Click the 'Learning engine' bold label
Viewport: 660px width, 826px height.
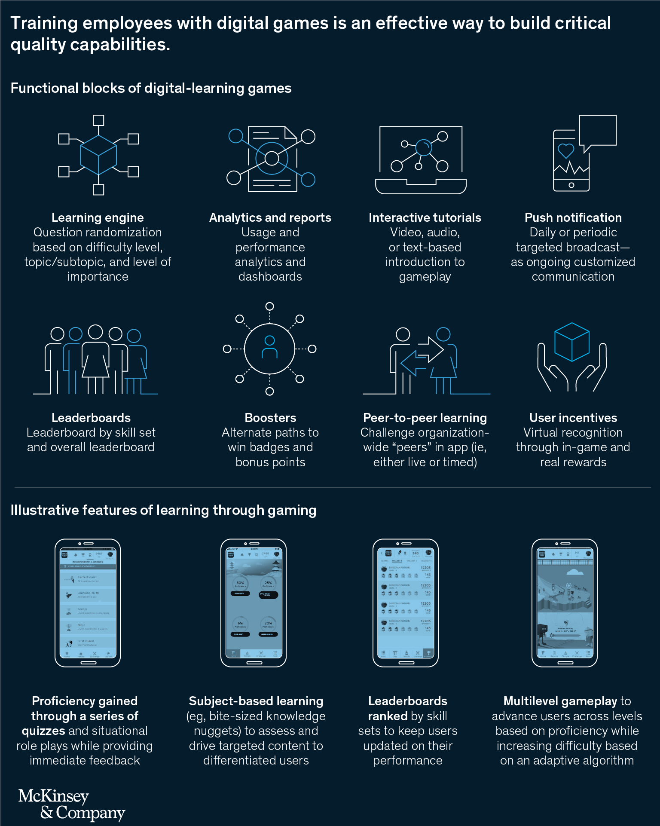(x=98, y=217)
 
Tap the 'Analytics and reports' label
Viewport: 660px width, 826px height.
(x=270, y=217)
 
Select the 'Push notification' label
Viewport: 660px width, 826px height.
(x=573, y=217)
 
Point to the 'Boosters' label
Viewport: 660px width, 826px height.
(x=270, y=418)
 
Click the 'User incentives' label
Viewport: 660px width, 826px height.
(x=573, y=418)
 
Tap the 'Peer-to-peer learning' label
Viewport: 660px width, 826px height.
(x=425, y=418)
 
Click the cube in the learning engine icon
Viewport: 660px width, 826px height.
(x=98, y=155)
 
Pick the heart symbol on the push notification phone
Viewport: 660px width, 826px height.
(x=565, y=150)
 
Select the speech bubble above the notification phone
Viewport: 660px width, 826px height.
(x=598, y=131)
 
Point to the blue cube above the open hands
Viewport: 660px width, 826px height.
(x=571, y=342)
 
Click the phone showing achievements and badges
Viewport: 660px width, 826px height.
(x=88, y=602)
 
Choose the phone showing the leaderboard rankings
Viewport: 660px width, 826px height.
(x=405, y=602)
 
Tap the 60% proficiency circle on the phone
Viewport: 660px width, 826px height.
(x=240, y=584)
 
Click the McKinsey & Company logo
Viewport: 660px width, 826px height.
(x=71, y=805)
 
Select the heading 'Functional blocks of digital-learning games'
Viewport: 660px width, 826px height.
(x=151, y=88)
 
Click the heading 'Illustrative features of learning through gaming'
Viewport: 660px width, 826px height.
(x=163, y=510)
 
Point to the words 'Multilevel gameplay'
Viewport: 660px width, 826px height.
(x=560, y=701)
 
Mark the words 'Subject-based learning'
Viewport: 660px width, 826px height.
(x=256, y=701)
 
